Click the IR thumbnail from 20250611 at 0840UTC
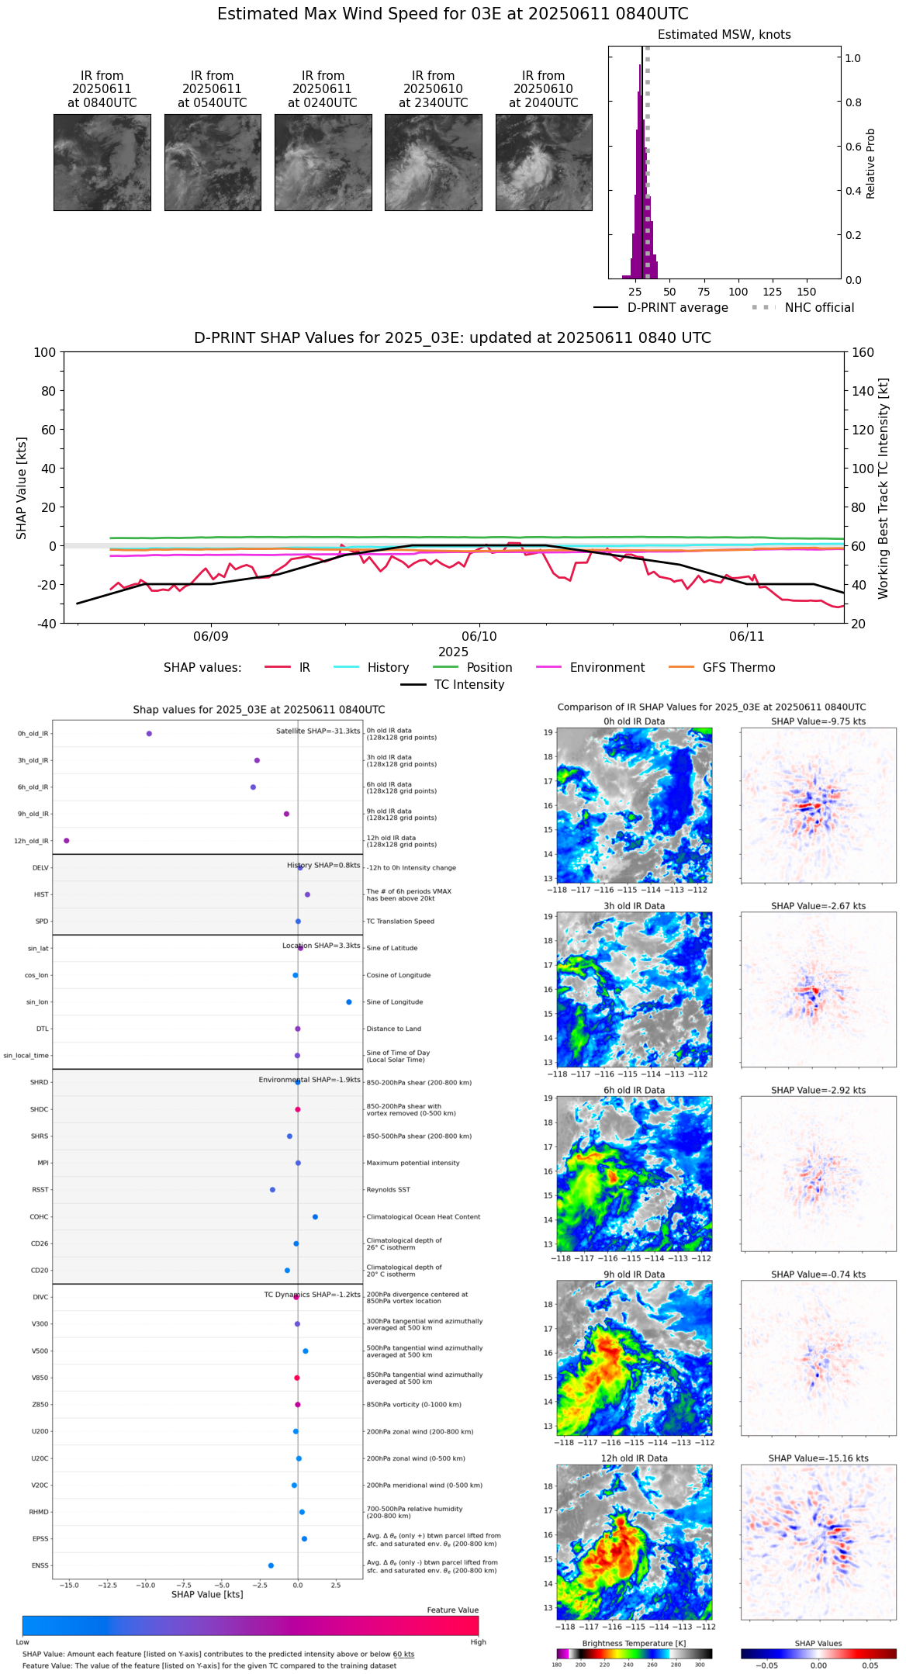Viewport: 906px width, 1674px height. (x=102, y=162)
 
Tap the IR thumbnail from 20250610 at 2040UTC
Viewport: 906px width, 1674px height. (x=544, y=162)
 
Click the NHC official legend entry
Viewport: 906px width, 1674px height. (x=818, y=308)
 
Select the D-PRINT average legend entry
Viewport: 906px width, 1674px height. (x=677, y=308)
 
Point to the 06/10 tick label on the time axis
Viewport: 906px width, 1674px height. (x=479, y=636)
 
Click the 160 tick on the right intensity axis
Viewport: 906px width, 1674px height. (x=863, y=352)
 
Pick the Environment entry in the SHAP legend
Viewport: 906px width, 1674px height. (x=607, y=668)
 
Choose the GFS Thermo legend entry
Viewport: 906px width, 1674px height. (x=738, y=668)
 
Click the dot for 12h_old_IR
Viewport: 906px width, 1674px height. (x=67, y=841)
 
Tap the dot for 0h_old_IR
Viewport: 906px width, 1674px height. (x=149, y=734)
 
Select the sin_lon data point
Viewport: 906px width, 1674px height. (x=349, y=1002)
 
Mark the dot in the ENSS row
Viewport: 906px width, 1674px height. (x=271, y=1565)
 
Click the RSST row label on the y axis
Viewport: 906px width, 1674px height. (x=40, y=1190)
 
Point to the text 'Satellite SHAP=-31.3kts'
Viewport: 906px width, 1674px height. (x=318, y=732)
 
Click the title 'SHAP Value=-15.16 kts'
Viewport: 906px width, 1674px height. (x=818, y=1458)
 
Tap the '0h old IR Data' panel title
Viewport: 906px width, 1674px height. (x=634, y=721)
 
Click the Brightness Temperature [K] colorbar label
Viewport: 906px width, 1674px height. (x=634, y=1643)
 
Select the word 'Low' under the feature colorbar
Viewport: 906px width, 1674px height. (x=22, y=1642)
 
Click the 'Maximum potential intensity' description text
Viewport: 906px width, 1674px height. (x=413, y=1163)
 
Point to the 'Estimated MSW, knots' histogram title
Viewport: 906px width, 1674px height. (x=724, y=35)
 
